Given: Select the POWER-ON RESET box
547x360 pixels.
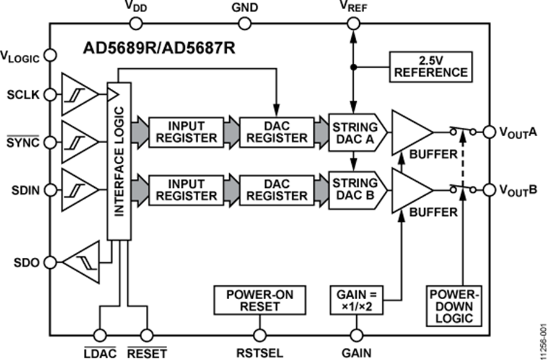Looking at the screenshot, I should [x=260, y=301].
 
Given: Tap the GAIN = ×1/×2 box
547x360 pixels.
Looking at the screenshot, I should [x=356, y=301].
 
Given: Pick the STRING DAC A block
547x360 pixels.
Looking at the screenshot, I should [x=354, y=132].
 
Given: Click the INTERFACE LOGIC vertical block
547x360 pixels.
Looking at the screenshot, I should [x=119, y=161].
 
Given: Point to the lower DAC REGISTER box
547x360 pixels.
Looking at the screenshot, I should [x=277, y=190].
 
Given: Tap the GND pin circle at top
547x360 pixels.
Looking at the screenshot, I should [x=244, y=23].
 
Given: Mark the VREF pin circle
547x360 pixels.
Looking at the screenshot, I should [x=353, y=23].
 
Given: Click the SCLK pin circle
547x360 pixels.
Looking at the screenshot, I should [x=51, y=94].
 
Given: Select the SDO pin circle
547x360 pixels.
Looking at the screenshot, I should [x=51, y=262].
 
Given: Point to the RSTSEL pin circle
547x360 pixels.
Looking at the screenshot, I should [x=260, y=335].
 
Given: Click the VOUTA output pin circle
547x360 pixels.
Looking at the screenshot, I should [x=489, y=131].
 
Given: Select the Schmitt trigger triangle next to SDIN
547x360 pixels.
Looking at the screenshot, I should [x=79, y=189].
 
